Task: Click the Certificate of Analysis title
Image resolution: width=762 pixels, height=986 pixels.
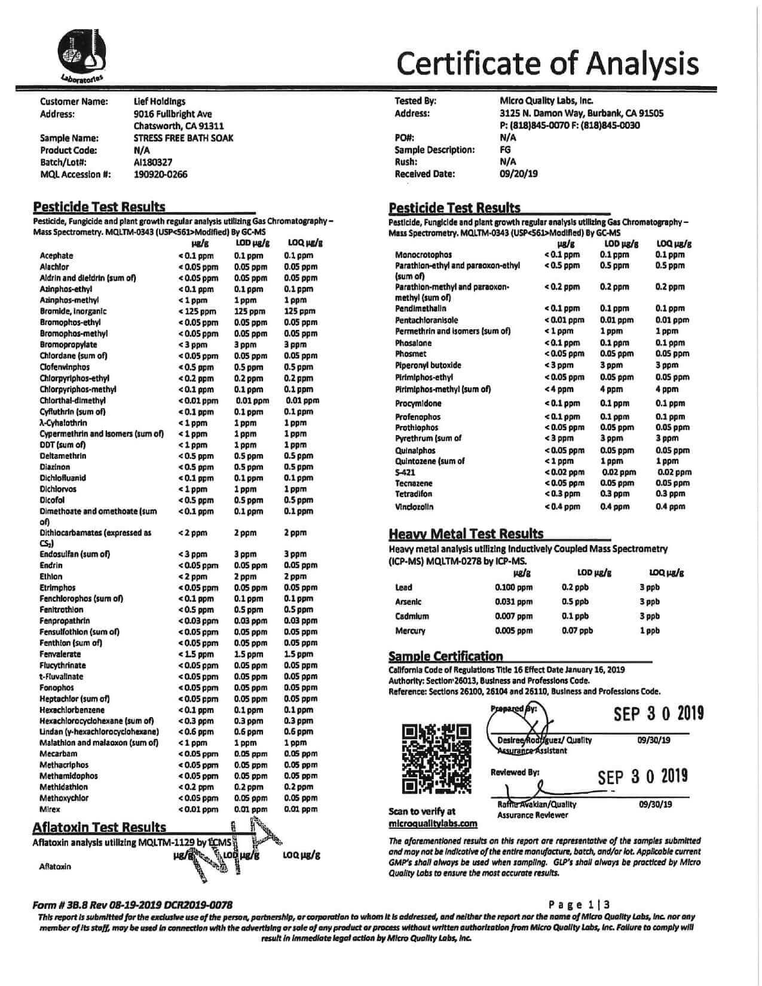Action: point(547,62)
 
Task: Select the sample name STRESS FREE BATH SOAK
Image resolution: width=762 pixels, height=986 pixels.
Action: point(183,138)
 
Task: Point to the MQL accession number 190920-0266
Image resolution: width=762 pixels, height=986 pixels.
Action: point(160,174)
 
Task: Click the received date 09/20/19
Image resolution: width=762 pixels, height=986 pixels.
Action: point(518,174)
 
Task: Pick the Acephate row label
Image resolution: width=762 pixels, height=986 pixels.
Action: point(56,256)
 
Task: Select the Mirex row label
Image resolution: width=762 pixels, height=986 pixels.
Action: point(50,809)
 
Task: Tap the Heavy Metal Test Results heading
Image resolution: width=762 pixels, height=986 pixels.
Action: point(466,534)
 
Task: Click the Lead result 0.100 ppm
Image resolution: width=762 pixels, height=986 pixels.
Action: point(513,587)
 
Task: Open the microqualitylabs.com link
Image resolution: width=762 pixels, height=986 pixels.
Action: point(433,823)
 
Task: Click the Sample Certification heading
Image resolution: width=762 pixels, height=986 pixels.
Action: point(445,656)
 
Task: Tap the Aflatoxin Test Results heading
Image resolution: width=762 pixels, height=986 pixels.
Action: point(99,827)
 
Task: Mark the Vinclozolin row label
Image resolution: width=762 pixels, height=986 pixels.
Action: point(414,507)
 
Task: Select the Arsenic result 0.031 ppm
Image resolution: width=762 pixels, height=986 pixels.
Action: point(513,602)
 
